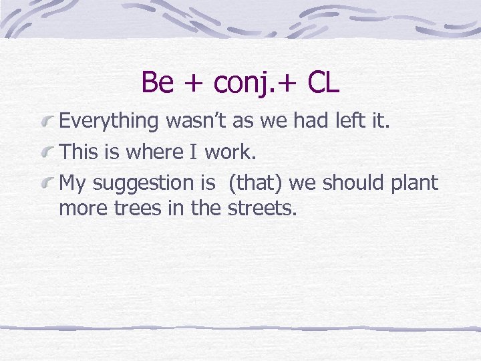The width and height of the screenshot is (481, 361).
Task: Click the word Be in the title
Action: click(158, 83)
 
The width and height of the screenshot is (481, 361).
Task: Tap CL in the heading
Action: click(323, 83)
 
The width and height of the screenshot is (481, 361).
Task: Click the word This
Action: click(79, 152)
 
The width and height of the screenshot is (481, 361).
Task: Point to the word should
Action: click(352, 183)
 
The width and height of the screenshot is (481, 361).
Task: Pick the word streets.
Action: click(261, 208)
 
